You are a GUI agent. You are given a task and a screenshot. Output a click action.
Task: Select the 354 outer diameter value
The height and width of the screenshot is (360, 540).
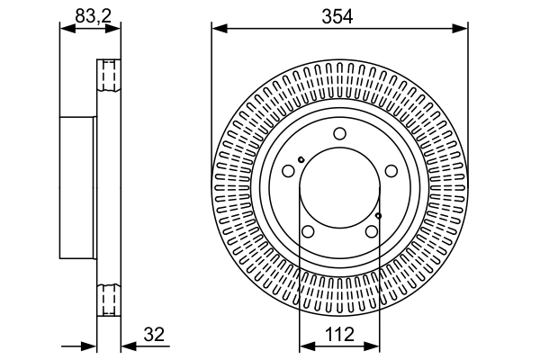339,13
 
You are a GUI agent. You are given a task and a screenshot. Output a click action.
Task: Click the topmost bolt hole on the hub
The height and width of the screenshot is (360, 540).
339,135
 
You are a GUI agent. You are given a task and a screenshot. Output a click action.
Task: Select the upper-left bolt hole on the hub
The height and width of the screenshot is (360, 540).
288,171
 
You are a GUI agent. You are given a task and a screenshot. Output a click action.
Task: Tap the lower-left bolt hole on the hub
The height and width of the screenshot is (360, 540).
308,232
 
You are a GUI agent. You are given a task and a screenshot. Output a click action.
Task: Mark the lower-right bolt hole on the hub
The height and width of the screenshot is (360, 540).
371,232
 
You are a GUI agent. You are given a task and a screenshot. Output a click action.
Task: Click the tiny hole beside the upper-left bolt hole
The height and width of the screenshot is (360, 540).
301,160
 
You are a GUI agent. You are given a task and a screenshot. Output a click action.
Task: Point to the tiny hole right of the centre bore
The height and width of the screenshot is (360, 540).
379,215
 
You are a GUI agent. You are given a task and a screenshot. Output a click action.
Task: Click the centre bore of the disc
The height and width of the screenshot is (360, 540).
339,189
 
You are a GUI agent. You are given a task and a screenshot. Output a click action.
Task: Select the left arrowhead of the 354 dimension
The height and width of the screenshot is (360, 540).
217,29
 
